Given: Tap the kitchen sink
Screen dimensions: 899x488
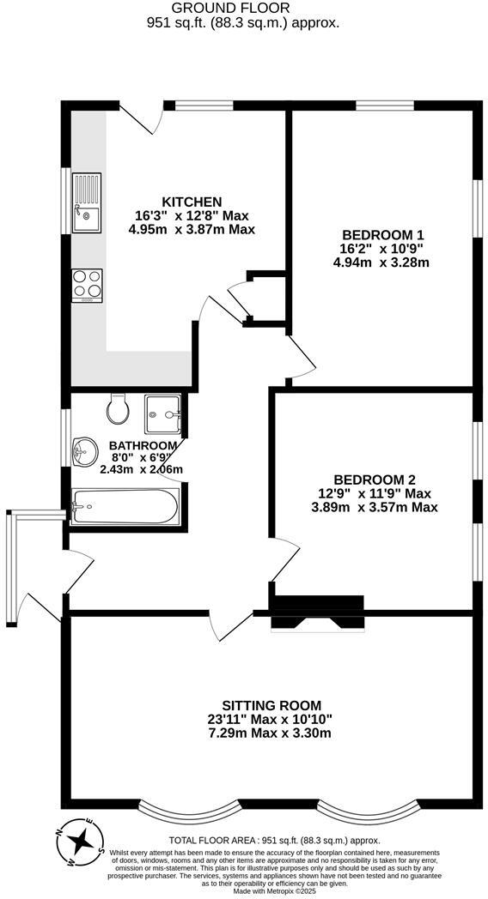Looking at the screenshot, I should click(87, 202).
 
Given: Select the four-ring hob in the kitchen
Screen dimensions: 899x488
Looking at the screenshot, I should click(87, 284).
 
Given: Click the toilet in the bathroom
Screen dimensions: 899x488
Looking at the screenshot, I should click(118, 409).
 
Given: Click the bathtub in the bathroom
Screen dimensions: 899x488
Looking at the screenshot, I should click(125, 507).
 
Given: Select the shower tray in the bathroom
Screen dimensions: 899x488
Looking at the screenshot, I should click(162, 414).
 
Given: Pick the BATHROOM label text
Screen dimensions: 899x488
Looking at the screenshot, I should click(143, 446).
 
